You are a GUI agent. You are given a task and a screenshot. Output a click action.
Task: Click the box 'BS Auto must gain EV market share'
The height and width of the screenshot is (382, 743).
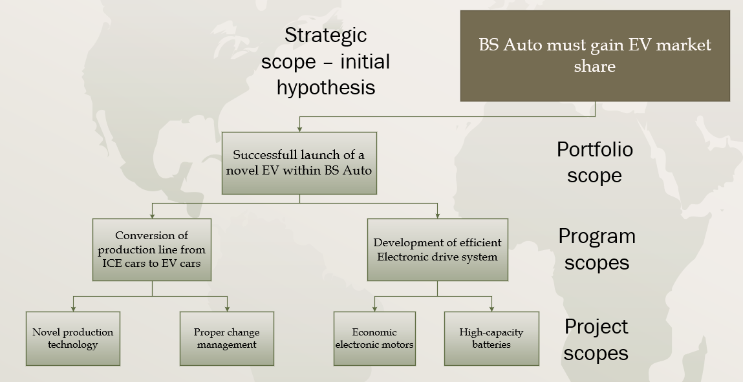click(595, 56)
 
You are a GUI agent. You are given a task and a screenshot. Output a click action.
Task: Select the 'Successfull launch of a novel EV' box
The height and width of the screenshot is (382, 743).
click(299, 163)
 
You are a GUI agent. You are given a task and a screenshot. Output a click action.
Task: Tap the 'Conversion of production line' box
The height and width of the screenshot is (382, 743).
click(152, 249)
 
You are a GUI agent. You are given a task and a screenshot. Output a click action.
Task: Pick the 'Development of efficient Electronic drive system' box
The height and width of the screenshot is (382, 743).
click(437, 249)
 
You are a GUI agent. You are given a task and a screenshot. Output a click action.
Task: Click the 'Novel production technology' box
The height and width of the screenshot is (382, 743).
click(73, 338)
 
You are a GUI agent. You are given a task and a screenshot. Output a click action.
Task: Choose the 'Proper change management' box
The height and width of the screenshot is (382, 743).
click(226, 338)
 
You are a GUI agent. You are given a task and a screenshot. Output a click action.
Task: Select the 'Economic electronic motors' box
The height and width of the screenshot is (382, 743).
click(374, 338)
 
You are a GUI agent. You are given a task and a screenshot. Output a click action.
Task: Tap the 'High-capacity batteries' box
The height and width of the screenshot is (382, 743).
click(491, 338)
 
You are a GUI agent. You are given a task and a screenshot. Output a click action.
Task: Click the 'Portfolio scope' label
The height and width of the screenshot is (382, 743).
click(594, 162)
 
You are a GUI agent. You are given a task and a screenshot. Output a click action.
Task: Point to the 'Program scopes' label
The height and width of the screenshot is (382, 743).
click(596, 249)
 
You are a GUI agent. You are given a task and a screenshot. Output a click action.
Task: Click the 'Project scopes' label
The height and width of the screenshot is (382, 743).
click(596, 339)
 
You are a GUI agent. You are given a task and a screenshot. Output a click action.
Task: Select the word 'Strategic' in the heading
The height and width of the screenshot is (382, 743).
click(325, 35)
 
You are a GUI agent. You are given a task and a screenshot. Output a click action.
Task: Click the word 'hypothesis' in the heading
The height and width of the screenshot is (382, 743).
click(326, 87)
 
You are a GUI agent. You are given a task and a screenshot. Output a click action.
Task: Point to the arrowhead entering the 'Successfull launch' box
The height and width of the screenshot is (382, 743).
click(299, 129)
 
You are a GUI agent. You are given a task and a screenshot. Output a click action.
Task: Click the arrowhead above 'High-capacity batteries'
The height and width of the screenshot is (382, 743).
click(491, 308)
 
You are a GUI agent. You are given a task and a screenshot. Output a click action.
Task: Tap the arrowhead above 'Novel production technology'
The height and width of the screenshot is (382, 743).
click(73, 308)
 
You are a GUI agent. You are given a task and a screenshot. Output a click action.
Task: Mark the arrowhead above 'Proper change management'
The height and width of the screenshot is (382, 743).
click(227, 308)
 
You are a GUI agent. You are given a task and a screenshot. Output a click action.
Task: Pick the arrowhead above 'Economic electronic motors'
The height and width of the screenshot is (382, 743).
click(375, 308)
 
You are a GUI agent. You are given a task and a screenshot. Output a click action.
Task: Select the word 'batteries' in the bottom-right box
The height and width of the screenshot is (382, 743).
click(491, 345)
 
